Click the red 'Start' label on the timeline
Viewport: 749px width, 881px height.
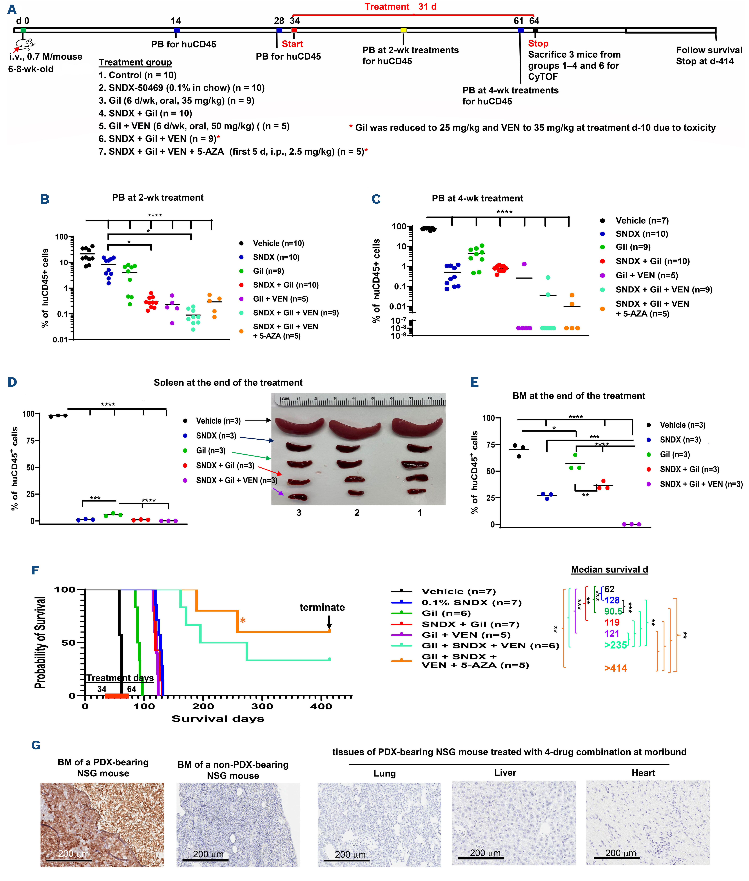292,44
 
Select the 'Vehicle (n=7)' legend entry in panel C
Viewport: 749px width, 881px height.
642,221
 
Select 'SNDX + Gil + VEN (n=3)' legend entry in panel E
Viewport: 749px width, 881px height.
701,484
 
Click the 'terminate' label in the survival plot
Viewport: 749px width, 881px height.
322,607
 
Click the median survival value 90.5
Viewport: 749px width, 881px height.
613,611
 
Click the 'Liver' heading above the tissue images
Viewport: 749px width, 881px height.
505,773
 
